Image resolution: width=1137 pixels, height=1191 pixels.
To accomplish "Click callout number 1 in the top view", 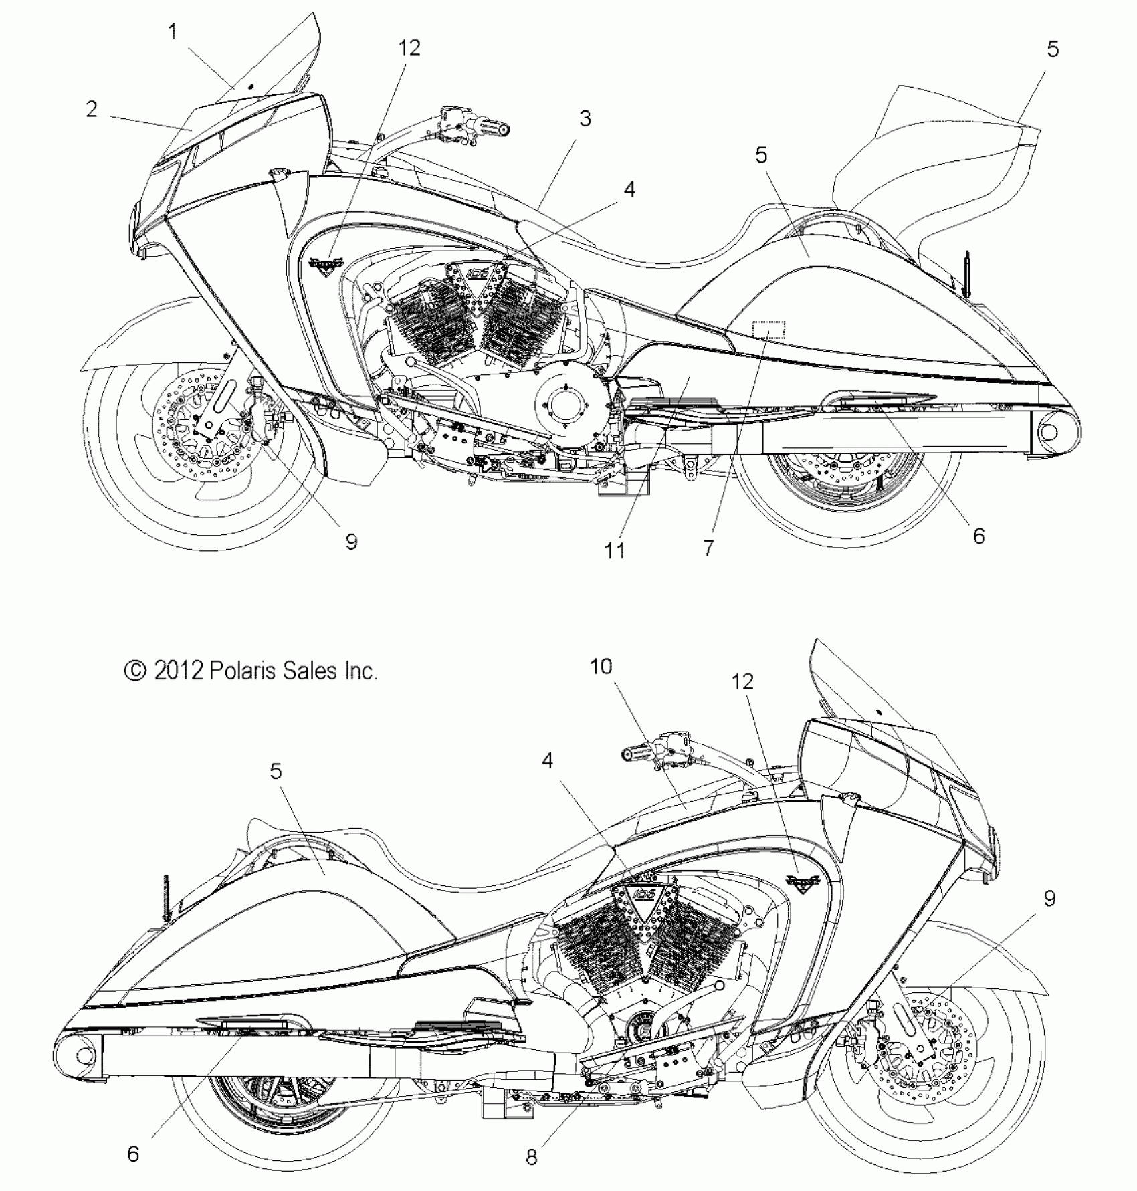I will [x=173, y=31].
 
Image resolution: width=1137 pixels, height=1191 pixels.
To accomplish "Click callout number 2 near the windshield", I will [x=92, y=109].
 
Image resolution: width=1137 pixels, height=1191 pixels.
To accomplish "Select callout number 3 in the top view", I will [x=585, y=119].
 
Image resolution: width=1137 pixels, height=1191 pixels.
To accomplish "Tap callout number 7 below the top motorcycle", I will [x=709, y=548].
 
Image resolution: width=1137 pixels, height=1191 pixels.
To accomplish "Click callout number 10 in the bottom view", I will [x=601, y=667].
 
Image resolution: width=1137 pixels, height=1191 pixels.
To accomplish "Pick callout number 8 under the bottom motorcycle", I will [x=531, y=1157].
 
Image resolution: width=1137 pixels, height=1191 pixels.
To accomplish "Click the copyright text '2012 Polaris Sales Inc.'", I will [x=251, y=671].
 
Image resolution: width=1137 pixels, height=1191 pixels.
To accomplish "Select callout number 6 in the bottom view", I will [x=133, y=1154].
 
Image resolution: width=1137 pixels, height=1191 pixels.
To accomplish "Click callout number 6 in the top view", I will [x=978, y=536].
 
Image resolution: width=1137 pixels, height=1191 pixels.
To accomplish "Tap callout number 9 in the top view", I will [x=351, y=541].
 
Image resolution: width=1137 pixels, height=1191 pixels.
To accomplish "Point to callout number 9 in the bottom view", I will [x=1049, y=899].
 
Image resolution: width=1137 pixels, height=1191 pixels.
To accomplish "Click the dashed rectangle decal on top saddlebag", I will [x=769, y=330].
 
